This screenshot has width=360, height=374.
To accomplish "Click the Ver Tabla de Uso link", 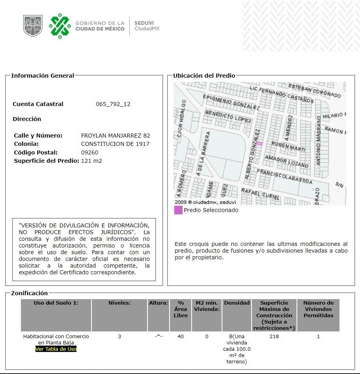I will point(56,349).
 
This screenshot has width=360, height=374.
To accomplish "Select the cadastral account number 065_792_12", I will point(113,104).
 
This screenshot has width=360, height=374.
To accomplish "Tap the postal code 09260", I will point(90,153).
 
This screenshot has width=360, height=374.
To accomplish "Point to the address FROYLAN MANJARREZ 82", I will point(115,136).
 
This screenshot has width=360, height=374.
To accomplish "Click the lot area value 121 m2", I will point(91,161).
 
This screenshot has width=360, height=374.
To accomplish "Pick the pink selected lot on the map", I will point(259,144).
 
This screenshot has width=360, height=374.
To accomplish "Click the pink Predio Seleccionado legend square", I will point(178,210).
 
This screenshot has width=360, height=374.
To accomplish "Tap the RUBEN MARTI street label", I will point(288,146).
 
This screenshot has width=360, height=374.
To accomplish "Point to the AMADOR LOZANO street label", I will point(286,161).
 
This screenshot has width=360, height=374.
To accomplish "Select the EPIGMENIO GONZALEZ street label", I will point(231,102).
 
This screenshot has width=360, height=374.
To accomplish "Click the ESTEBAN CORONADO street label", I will point(314,90).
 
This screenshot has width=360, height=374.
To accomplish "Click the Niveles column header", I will point(119,303).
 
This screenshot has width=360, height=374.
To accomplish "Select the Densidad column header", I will point(237,303).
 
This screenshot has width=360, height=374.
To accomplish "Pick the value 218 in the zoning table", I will point(274,337).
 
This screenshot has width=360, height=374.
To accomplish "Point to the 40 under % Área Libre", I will point(181,337).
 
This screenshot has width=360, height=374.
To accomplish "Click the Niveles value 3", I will point(119,337).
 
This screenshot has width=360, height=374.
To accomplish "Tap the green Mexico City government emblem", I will point(60,26).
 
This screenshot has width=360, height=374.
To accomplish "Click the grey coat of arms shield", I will point(33,26).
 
